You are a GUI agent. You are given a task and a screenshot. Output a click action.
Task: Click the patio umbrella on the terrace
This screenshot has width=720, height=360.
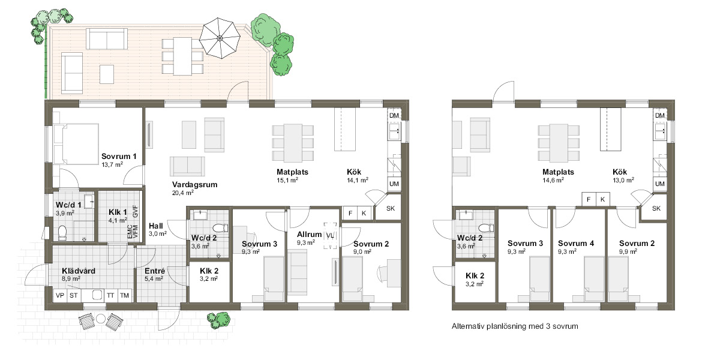click(x=220, y=38)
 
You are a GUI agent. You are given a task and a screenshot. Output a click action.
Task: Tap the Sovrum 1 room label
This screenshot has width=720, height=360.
click(x=119, y=157)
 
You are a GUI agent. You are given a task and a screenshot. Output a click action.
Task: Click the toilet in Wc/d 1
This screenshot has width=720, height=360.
click(x=62, y=233)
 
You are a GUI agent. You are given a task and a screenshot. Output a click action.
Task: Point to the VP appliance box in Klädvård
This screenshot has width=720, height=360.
click(x=60, y=295)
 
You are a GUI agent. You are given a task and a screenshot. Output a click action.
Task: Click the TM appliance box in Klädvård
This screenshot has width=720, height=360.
click(x=124, y=295)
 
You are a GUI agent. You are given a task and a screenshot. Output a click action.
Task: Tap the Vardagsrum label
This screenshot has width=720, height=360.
click(x=194, y=185)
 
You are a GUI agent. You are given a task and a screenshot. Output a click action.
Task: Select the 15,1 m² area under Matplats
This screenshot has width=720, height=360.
click(x=287, y=181)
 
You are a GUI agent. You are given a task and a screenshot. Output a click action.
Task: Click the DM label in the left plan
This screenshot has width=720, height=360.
click(x=394, y=115)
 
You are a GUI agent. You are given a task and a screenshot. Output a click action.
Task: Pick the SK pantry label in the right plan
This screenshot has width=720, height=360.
click(x=656, y=209)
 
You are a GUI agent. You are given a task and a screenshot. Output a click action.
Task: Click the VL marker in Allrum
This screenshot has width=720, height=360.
click(x=330, y=236)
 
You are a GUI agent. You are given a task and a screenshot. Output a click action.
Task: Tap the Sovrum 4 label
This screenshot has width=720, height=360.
click(x=576, y=244)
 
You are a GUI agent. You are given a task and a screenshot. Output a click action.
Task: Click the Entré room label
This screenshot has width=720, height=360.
click(x=155, y=271)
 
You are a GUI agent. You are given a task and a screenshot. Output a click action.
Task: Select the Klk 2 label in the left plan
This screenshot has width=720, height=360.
click(x=209, y=271)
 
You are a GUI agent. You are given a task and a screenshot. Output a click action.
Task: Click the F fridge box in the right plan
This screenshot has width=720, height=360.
click(x=589, y=199)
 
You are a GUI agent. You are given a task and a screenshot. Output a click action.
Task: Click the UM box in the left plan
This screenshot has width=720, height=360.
click(x=394, y=184)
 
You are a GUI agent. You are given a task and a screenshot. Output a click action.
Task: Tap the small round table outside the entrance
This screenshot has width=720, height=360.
click(x=101, y=319)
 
